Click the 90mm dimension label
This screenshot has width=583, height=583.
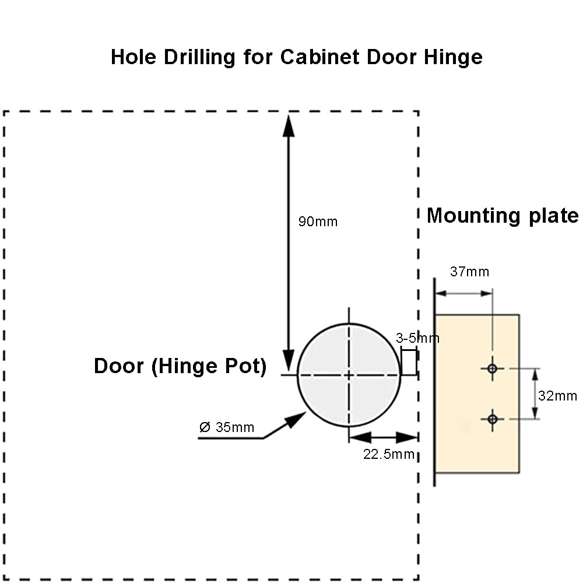click(x=318, y=222)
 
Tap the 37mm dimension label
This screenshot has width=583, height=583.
click(x=469, y=271)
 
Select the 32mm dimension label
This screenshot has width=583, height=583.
click(x=557, y=396)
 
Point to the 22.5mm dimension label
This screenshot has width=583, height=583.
click(x=389, y=454)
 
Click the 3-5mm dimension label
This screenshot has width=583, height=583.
click(x=417, y=338)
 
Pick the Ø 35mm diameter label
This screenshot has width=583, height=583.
click(x=227, y=427)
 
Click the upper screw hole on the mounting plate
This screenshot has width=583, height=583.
click(x=493, y=368)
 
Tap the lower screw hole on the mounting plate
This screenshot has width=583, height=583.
click(x=493, y=419)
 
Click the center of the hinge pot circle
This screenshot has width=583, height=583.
click(x=349, y=375)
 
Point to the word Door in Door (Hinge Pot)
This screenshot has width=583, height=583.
click(x=119, y=366)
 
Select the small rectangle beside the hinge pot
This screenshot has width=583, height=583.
click(x=409, y=361)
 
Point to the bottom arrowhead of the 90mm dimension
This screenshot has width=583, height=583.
click(x=289, y=359)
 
